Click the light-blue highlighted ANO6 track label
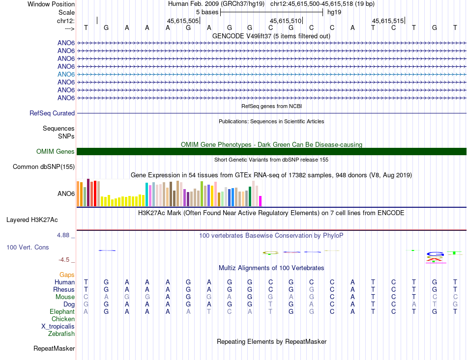pos(66,74)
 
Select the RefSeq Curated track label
pos(52,113)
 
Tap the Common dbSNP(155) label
pos(43,167)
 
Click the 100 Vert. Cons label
pos(28,248)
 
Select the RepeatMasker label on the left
pos(54,349)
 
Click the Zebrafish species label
pos(61,334)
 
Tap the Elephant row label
pos(62,312)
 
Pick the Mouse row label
pos(65,297)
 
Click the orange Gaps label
pos(67,275)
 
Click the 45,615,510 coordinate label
pos(285,21)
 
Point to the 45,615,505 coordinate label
pos(183,21)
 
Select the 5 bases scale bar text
pos(207,12)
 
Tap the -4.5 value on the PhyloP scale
pos(64,260)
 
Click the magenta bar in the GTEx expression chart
pos(260,201)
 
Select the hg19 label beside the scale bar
pos(334,12)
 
